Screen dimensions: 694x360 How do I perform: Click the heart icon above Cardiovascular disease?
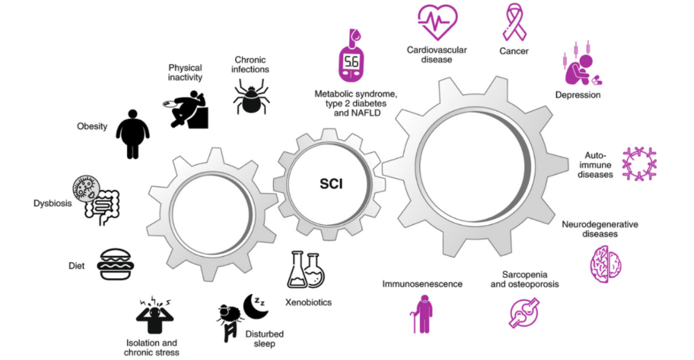point(437,22)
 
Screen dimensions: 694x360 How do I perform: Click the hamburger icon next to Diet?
point(115,264)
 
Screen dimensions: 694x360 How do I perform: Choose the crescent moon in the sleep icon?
point(253,306)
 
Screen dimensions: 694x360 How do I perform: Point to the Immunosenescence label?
point(421,284)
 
